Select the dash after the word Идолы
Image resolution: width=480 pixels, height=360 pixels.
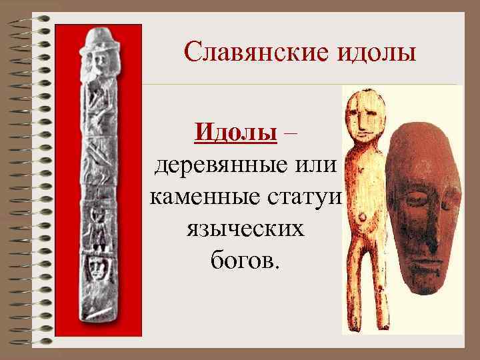[x=290, y=131]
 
